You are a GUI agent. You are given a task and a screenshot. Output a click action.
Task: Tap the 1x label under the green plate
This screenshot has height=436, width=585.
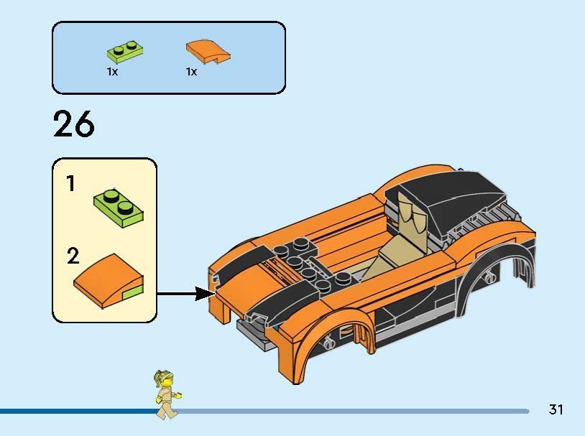(x=112, y=72)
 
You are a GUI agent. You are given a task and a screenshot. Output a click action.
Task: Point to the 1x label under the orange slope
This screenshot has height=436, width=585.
(x=191, y=72)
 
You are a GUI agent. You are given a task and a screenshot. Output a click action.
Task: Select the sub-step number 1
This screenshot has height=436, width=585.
(x=70, y=185)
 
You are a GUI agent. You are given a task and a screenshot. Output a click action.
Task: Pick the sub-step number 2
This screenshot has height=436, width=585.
(x=73, y=256)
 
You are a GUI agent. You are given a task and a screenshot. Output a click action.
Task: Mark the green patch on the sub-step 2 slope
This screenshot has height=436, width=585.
(x=132, y=292)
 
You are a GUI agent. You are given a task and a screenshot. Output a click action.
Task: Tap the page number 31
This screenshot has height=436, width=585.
(x=556, y=409)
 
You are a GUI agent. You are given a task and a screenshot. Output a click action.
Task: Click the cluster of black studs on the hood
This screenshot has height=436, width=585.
(x=302, y=263)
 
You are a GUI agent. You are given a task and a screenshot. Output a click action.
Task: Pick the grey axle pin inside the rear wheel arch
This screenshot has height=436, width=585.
(x=490, y=277)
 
